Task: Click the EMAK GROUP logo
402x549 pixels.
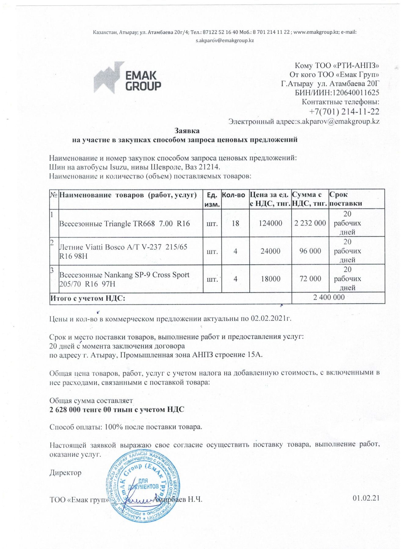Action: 127,78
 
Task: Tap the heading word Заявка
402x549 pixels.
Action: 187,131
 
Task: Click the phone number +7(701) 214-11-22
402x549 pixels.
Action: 344,112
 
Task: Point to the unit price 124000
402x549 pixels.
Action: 270,223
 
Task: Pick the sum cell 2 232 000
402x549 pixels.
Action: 310,223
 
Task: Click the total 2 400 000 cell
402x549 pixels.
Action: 329,297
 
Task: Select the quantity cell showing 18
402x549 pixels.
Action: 235,223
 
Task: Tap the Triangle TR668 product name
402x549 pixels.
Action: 124,224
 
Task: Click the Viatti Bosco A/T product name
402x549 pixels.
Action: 123,251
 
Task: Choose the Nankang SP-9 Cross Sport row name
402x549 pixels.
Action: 124,279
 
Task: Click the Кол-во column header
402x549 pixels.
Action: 234,195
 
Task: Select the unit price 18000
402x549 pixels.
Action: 270,279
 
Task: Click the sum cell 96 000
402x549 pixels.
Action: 310,251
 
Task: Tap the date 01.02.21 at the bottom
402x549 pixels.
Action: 366,498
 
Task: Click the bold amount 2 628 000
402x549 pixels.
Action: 65,410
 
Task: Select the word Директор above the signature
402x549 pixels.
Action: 65,473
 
